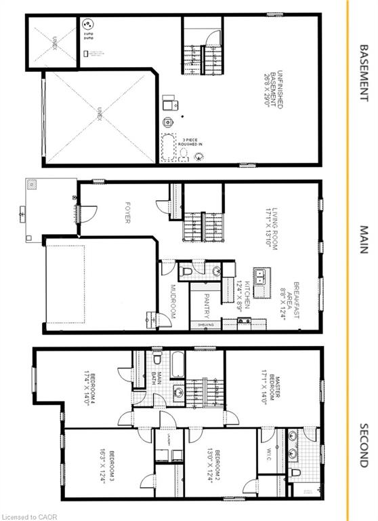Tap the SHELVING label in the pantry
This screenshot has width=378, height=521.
click(x=206, y=326)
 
